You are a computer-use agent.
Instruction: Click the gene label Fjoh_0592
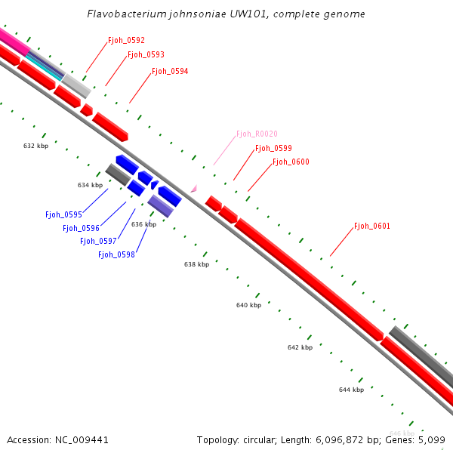coord(126,40)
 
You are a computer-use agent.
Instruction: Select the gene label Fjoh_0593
coord(146,55)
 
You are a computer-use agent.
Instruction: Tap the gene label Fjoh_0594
coord(170,71)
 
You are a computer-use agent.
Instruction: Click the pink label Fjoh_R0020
coord(257,134)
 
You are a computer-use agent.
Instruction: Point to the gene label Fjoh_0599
coord(273,149)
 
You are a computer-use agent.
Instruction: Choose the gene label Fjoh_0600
coord(291,162)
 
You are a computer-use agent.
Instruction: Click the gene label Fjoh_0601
coord(372,226)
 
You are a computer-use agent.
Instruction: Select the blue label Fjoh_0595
coord(63,214)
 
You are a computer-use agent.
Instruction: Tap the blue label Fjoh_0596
coord(81,228)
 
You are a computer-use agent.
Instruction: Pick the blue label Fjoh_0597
coord(98,241)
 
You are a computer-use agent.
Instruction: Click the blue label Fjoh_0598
coord(116,254)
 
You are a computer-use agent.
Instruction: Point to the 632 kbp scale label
coord(35,146)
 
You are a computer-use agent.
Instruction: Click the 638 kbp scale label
coord(196,264)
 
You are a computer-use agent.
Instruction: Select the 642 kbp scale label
coord(300,347)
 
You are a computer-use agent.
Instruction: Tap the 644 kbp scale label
coord(351,390)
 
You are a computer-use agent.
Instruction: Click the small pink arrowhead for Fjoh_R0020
coord(194,189)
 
